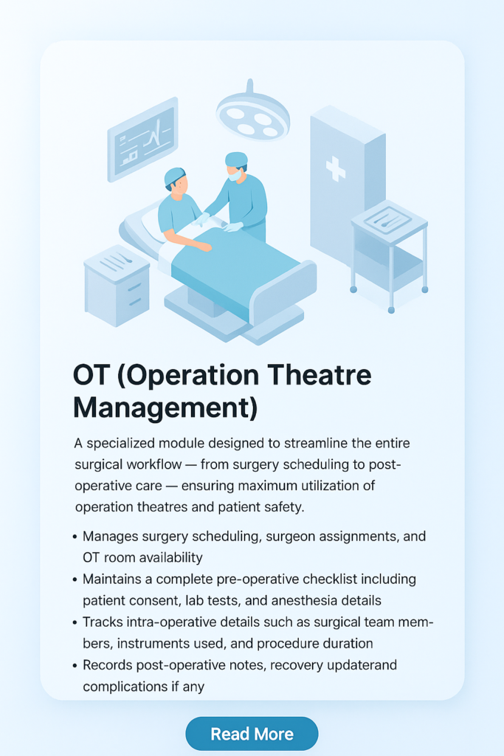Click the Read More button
pos(252,734)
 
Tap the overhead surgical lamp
pos(252,113)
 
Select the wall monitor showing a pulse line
pos(142,139)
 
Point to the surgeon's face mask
pos(235,174)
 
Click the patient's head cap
pos(174,176)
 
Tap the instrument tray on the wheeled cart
pos(387,220)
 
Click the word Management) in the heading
pos(165,408)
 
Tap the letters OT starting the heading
pos(90,375)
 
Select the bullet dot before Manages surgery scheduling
pos(75,537)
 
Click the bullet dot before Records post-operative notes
pos(75,666)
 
